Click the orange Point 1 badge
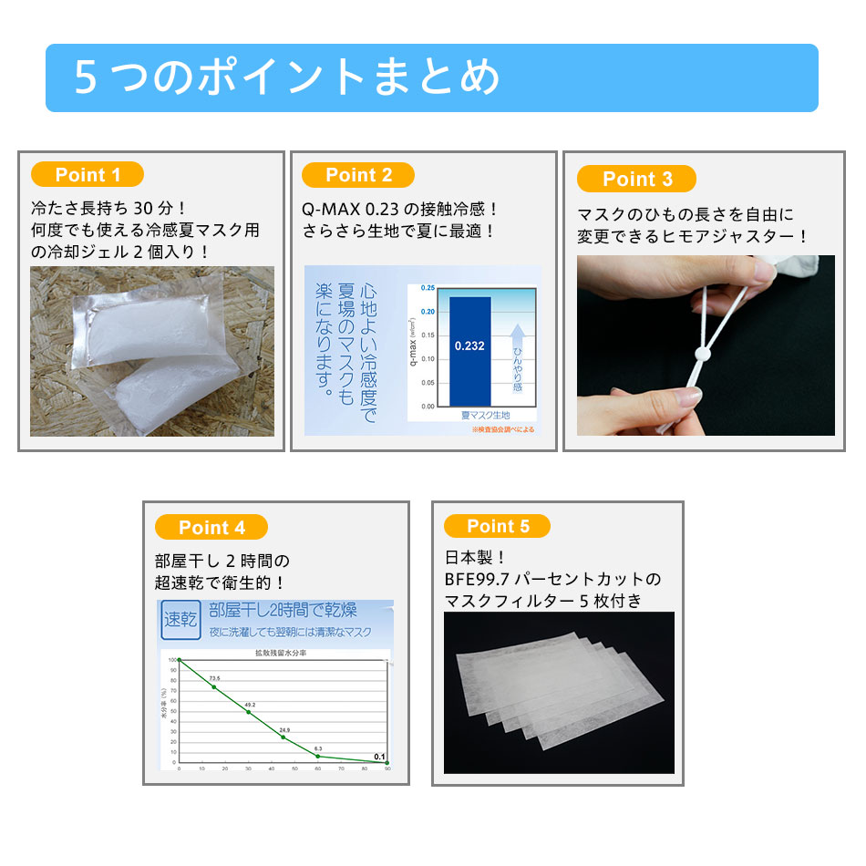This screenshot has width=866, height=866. [88, 175]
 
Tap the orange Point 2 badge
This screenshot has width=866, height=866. [358, 175]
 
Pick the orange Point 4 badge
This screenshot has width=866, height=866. [211, 527]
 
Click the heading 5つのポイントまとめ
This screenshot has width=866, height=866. [287, 77]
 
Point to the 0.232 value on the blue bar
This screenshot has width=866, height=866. [470, 346]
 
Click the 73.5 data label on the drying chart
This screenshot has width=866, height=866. [214, 678]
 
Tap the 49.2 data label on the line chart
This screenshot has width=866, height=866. [249, 705]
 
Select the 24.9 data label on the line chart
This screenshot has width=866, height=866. [284, 730]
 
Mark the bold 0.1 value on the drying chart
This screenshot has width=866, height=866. [379, 756]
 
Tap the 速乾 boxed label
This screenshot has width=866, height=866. [180, 620]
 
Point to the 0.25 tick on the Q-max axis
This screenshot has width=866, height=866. [428, 288]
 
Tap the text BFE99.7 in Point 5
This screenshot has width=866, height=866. [474, 579]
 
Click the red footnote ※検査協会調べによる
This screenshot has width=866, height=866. [503, 428]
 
